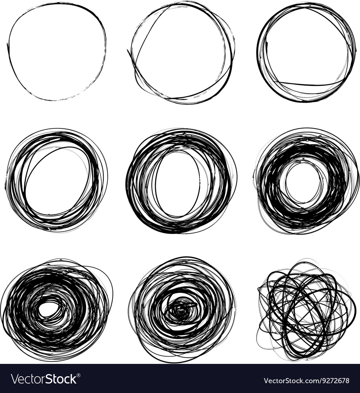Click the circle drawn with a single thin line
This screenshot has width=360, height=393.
56,52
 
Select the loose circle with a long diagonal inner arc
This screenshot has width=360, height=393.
181,53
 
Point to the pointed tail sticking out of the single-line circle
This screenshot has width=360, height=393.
8,45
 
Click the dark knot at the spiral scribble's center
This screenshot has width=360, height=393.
180,310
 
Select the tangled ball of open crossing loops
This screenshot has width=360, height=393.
306,310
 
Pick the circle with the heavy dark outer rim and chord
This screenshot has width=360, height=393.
306,52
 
